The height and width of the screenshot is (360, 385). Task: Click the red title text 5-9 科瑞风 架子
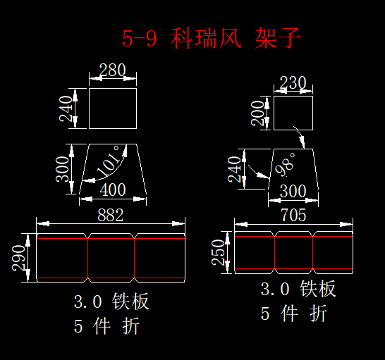(x=211, y=38)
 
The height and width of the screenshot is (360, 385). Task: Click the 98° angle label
(x=286, y=164)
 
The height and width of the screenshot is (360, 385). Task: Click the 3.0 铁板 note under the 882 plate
(x=111, y=301)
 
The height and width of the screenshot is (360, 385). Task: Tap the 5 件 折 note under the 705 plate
(x=293, y=313)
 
